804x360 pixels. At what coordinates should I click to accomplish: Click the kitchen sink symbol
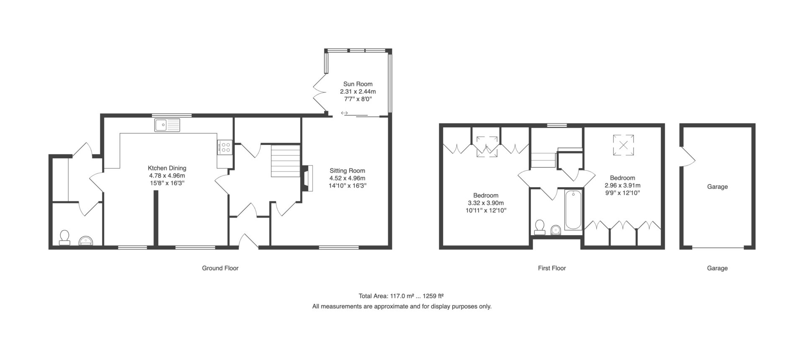tap(167, 125)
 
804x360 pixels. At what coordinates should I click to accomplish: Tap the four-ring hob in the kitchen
tap(225, 147)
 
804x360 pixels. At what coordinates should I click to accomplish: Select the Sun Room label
tap(358, 84)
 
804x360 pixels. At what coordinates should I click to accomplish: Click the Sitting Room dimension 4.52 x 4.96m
tap(347, 178)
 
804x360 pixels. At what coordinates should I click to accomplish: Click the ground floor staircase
tap(286, 161)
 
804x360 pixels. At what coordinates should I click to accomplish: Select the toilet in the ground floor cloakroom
tap(64, 237)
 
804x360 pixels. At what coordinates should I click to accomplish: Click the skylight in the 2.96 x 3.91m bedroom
tap(624, 145)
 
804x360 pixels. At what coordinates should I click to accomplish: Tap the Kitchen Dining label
tap(167, 168)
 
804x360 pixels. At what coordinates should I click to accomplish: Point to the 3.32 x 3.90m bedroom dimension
tap(486, 203)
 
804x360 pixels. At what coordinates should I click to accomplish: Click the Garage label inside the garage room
tap(717, 187)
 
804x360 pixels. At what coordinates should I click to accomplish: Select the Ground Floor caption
tap(220, 268)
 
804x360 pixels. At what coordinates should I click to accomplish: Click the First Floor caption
tap(552, 268)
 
